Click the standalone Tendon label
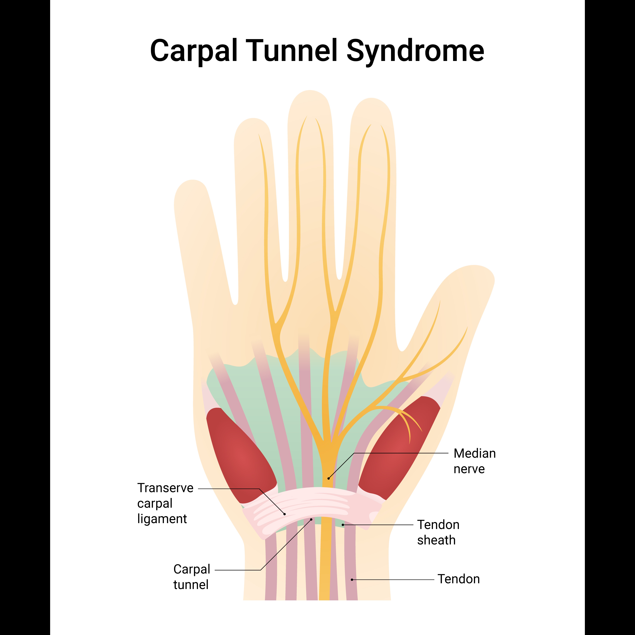pyautogui.click(x=459, y=579)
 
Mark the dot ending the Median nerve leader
pyautogui.click(x=328, y=478)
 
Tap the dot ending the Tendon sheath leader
pyautogui.click(x=343, y=525)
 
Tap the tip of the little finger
pyautogui.click(x=192, y=184)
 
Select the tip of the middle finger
pyautogui.click(x=310, y=94)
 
